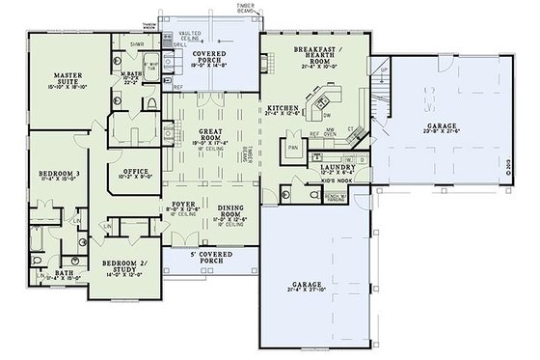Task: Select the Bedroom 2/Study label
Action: [x=118, y=263]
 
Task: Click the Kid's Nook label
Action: [x=339, y=180]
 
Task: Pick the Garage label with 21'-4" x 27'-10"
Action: [x=312, y=286]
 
